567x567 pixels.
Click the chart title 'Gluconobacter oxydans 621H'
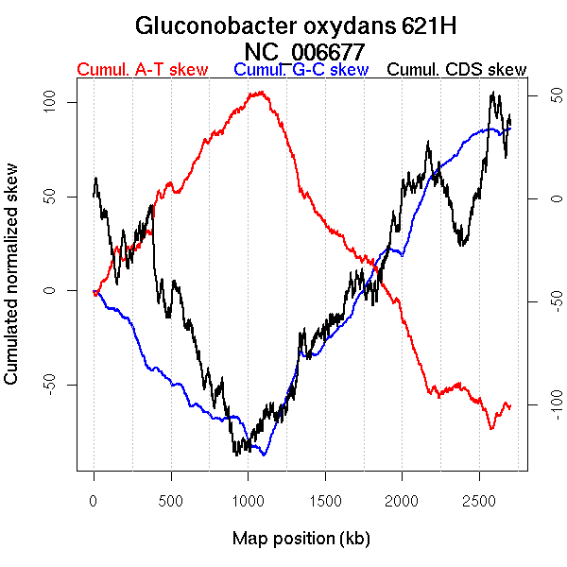pyautogui.click(x=283, y=26)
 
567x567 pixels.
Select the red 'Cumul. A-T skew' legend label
pyautogui.click(x=143, y=71)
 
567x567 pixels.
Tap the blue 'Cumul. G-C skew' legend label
pyautogui.click(x=301, y=71)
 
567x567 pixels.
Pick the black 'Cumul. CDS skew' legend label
pyautogui.click(x=457, y=71)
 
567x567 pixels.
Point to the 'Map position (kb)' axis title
pyautogui.click(x=301, y=539)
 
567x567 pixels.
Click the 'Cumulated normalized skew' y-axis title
pyautogui.click(x=12, y=285)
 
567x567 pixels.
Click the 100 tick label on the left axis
pyautogui.click(x=56, y=102)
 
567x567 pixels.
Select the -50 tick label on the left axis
pyautogui.click(x=56, y=385)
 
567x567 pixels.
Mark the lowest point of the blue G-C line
pyautogui.click(x=265, y=455)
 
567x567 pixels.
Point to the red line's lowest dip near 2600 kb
pyautogui.click(x=491, y=429)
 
